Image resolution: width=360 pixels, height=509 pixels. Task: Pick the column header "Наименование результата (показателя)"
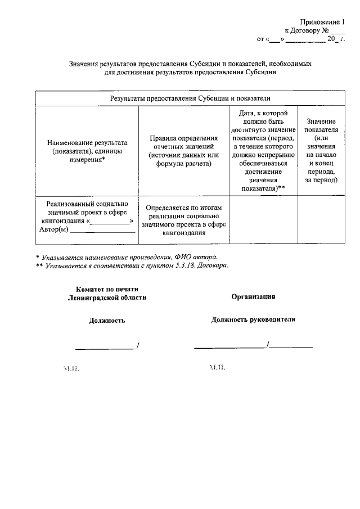tap(87, 151)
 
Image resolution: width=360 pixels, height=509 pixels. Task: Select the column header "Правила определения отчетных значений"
tap(183, 151)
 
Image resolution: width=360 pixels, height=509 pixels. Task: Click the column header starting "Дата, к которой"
tap(263, 151)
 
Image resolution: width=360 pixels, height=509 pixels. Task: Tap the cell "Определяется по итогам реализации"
tap(183, 220)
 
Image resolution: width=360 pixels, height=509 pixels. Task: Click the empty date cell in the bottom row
tap(263, 220)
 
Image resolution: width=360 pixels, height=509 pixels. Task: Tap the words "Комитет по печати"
tap(106, 289)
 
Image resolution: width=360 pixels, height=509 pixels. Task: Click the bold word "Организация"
tap(253, 296)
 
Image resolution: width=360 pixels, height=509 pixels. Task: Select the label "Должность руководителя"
tap(253, 319)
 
